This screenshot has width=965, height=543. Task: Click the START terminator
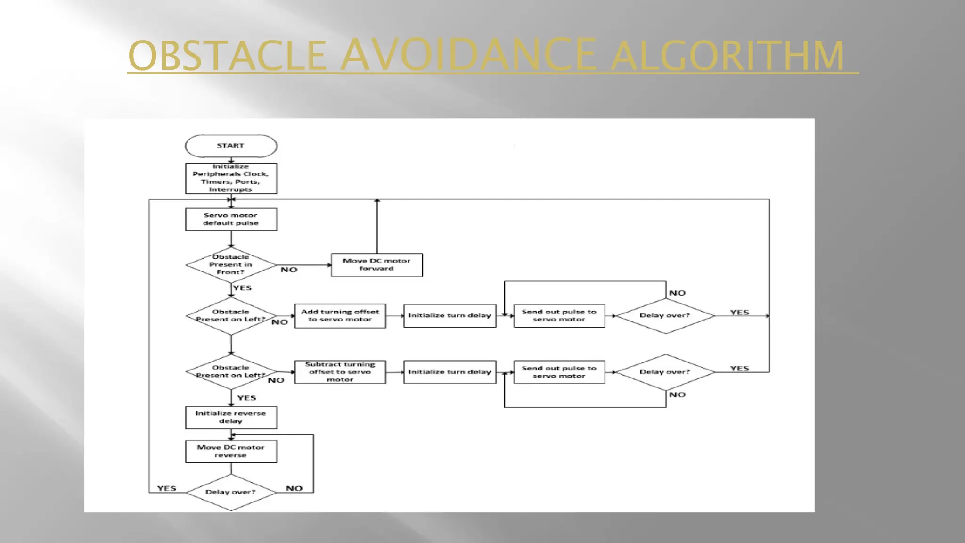click(x=231, y=146)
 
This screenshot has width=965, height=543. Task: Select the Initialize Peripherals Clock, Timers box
click(x=231, y=178)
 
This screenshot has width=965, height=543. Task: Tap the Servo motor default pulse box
click(x=231, y=219)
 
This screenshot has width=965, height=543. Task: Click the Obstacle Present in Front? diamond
click(x=231, y=265)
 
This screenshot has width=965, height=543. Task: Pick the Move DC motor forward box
click(x=377, y=265)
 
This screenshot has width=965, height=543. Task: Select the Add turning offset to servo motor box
click(x=340, y=316)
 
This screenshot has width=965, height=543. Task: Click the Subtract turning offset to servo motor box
click(x=340, y=372)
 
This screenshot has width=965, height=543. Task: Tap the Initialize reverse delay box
click(x=231, y=417)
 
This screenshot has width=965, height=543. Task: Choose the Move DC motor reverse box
click(x=231, y=451)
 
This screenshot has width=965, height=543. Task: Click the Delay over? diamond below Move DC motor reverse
click(x=231, y=492)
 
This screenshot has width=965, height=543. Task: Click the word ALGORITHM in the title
click(x=728, y=57)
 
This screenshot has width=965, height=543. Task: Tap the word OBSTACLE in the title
click(x=227, y=57)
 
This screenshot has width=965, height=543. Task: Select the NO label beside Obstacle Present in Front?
click(x=289, y=270)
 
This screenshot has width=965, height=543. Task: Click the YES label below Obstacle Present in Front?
click(x=242, y=288)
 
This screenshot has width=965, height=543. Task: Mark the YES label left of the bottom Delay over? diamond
click(x=166, y=488)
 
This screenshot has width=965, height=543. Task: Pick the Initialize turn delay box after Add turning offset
click(x=450, y=316)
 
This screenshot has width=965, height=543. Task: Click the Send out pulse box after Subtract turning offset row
click(x=559, y=372)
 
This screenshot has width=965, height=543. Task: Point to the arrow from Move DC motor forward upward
click(x=377, y=226)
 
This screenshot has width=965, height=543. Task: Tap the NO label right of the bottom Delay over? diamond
click(x=294, y=488)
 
